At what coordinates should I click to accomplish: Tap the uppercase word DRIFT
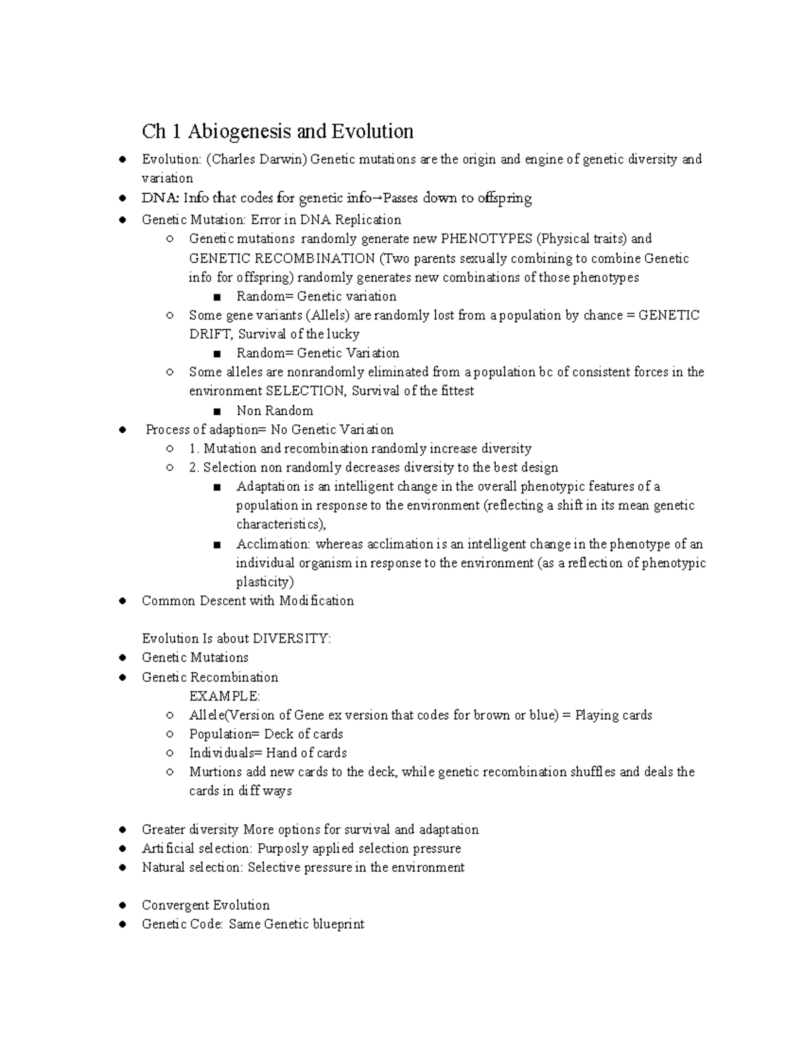point(210,334)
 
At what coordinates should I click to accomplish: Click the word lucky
point(343,334)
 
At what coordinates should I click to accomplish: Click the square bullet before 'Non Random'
point(216,411)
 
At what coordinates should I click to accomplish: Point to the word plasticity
point(265,582)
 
